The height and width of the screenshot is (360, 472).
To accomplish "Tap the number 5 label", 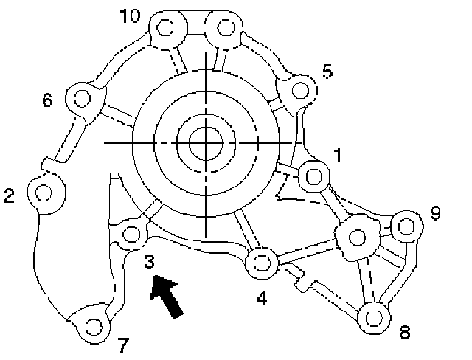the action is click(327, 72).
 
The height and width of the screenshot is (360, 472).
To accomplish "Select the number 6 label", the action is click(48, 101).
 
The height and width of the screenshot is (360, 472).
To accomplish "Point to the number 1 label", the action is click(337, 156).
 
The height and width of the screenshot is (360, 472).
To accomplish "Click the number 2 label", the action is click(9, 195).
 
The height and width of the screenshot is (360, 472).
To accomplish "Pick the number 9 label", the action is click(434, 213).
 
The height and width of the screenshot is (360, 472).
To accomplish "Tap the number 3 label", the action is click(149, 261).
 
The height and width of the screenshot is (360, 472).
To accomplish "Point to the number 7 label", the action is click(123, 345).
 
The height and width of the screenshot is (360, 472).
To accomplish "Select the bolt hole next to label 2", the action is click(44, 193).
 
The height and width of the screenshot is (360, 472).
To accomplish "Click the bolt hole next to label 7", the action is click(93, 325).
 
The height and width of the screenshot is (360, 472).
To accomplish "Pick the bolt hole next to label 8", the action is click(373, 317).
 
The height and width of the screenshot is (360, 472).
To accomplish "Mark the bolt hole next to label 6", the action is click(81, 97).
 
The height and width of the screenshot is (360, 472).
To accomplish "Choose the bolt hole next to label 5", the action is click(299, 90).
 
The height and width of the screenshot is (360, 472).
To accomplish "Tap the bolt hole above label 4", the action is click(261, 261).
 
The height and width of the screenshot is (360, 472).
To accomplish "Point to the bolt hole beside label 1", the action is click(313, 176).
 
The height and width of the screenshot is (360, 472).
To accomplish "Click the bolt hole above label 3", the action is click(131, 235).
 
